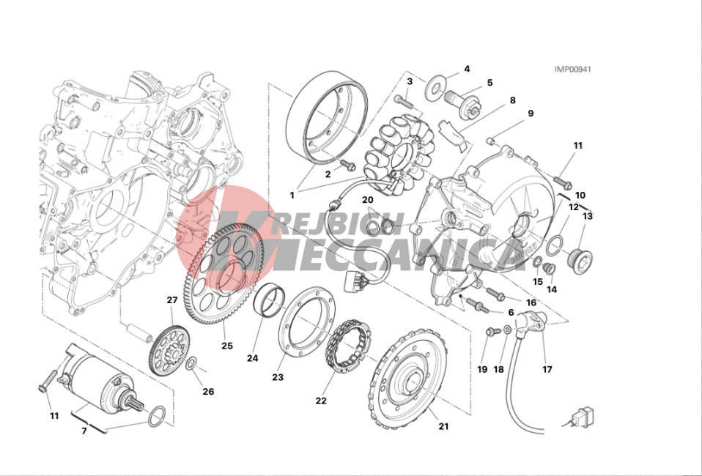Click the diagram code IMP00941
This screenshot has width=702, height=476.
tap(572, 70)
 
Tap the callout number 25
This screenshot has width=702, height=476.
tap(227, 346)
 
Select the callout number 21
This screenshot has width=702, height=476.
tap(443, 426)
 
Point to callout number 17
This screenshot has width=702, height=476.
tap(547, 370)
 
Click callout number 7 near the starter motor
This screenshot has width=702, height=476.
tap(84, 431)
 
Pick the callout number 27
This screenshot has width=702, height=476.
tap(172, 300)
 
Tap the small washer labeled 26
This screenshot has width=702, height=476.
tap(191, 363)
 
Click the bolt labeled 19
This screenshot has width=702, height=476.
tap(493, 331)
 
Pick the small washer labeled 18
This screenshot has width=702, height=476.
tap(507, 330)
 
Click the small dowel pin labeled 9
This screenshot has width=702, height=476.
tap(491, 141)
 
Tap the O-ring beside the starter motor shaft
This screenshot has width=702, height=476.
tap(156, 417)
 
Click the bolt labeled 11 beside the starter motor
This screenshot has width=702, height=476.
tap(48, 381)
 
